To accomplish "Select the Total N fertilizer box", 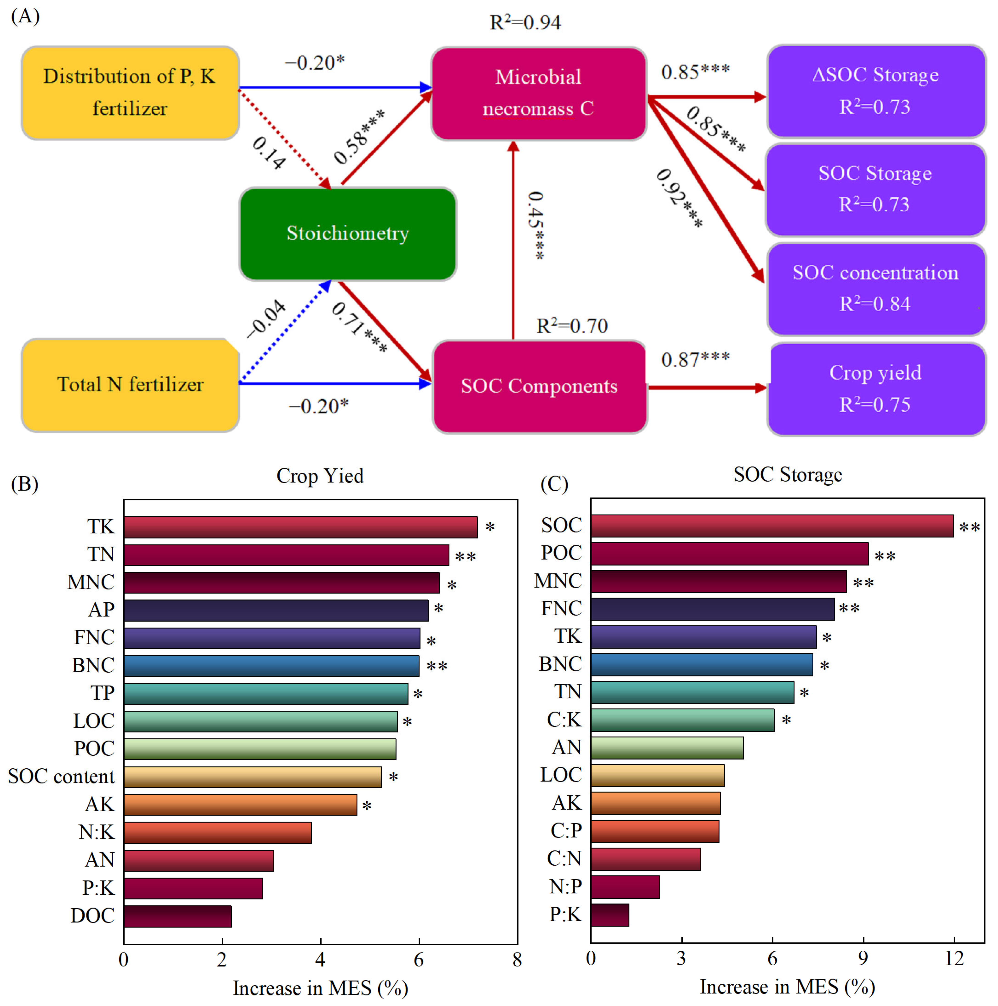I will [130, 385].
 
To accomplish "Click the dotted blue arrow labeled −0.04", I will [285, 332].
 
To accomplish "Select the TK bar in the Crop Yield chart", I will [300, 527].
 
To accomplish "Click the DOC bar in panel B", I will [177, 916].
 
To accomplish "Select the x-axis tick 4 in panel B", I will [320, 959].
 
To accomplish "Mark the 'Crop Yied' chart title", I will [320, 475].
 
